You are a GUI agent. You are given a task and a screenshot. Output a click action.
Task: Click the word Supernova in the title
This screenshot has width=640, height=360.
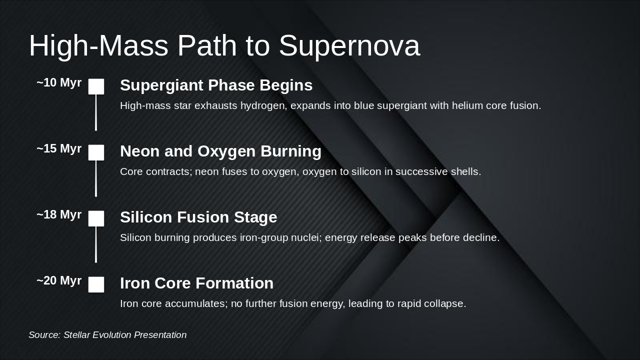(349, 46)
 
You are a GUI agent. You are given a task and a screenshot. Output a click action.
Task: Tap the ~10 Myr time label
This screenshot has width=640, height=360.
(59, 83)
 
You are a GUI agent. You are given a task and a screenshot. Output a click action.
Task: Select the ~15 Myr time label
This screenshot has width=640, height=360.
(59, 149)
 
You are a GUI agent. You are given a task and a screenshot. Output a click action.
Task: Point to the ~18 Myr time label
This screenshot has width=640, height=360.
(59, 215)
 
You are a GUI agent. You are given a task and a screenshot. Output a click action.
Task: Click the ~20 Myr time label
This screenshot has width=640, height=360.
(59, 281)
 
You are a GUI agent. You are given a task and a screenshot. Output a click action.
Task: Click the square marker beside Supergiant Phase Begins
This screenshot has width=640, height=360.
(96, 86)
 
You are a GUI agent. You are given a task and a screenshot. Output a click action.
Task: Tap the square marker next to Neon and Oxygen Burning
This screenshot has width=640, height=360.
(96, 152)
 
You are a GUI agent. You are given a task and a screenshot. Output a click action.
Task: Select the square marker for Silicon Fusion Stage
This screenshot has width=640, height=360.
(96, 218)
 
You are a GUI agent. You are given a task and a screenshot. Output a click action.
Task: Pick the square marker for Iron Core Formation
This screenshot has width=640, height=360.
(96, 284)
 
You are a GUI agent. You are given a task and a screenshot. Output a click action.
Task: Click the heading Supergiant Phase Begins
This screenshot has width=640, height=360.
(216, 85)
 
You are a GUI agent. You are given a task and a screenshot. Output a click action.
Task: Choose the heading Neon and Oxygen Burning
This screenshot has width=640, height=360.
(220, 151)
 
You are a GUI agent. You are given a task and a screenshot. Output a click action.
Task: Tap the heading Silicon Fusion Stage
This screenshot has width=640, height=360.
(198, 217)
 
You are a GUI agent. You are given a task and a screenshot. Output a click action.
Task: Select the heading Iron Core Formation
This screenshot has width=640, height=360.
(196, 283)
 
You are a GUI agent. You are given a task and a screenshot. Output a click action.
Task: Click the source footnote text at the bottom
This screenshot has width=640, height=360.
(107, 335)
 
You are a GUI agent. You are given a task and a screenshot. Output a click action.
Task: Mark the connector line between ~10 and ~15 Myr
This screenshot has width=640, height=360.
(96, 112)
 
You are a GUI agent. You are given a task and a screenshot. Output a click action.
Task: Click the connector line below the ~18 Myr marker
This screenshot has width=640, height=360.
(96, 244)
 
